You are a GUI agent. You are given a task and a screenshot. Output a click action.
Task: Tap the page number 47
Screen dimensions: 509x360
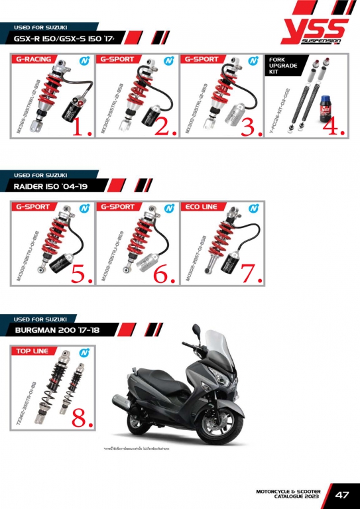point(342,494)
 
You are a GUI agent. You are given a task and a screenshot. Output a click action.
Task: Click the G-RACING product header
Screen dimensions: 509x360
point(34,60)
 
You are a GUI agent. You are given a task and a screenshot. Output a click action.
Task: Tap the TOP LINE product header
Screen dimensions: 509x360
point(32,351)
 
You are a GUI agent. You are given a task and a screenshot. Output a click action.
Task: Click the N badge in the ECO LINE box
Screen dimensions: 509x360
point(253,207)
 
